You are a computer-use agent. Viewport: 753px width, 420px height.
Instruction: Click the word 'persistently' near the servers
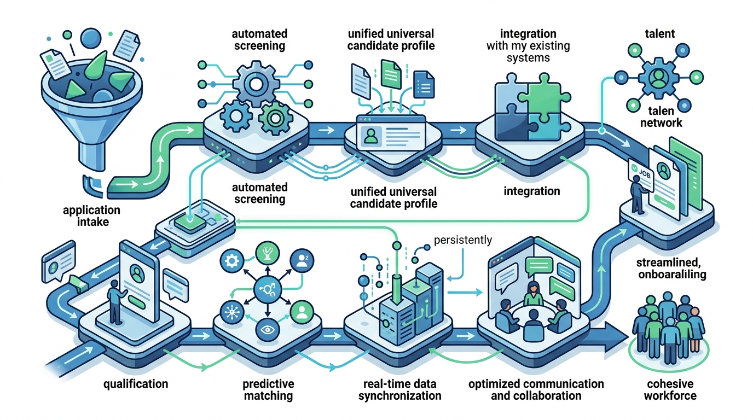pos(463,240)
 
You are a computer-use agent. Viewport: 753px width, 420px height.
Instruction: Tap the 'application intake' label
pos(92,215)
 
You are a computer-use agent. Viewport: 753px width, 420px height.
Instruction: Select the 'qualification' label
pos(136,384)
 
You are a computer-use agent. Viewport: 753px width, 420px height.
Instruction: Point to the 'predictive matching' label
pos(268,389)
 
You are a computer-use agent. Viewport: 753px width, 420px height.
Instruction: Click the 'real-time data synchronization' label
pos(399,389)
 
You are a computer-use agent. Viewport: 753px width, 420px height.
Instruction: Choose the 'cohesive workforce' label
pos(670,389)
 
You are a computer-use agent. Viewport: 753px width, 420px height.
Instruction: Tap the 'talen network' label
pos(661,116)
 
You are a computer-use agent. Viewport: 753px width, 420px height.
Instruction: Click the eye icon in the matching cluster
pos(268,330)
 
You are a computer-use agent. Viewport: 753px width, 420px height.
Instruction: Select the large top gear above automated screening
pos(256,84)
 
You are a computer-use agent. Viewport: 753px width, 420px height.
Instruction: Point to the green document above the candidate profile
pos(391,74)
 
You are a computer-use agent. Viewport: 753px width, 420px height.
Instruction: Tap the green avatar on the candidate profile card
pos(371,136)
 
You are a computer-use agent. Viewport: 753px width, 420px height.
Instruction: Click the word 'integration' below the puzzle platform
pos(532,191)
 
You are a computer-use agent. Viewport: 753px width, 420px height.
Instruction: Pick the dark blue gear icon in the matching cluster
pos(232,261)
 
